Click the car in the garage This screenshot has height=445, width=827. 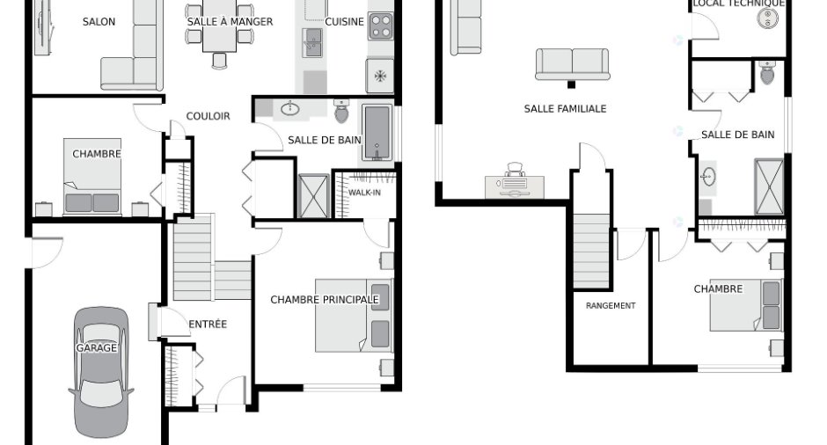click(101, 372)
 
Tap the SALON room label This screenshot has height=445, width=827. click(99, 22)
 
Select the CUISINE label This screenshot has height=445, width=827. click(344, 22)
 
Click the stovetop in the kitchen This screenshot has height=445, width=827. click(380, 26)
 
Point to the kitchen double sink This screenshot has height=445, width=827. click(312, 42)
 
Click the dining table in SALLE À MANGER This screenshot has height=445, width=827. click(219, 26)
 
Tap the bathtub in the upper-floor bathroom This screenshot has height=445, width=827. click(377, 132)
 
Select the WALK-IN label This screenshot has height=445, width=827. click(364, 193)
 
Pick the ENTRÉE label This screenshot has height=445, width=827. click(208, 325)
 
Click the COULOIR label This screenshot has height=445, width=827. click(208, 116)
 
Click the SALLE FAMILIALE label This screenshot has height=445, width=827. click(565, 109)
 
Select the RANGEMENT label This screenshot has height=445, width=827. click(611, 305)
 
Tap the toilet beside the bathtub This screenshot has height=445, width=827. click(341, 111)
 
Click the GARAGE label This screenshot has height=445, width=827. click(96, 348)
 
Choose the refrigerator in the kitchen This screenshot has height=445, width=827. click(380, 76)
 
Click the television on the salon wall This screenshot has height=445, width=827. click(43, 26)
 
